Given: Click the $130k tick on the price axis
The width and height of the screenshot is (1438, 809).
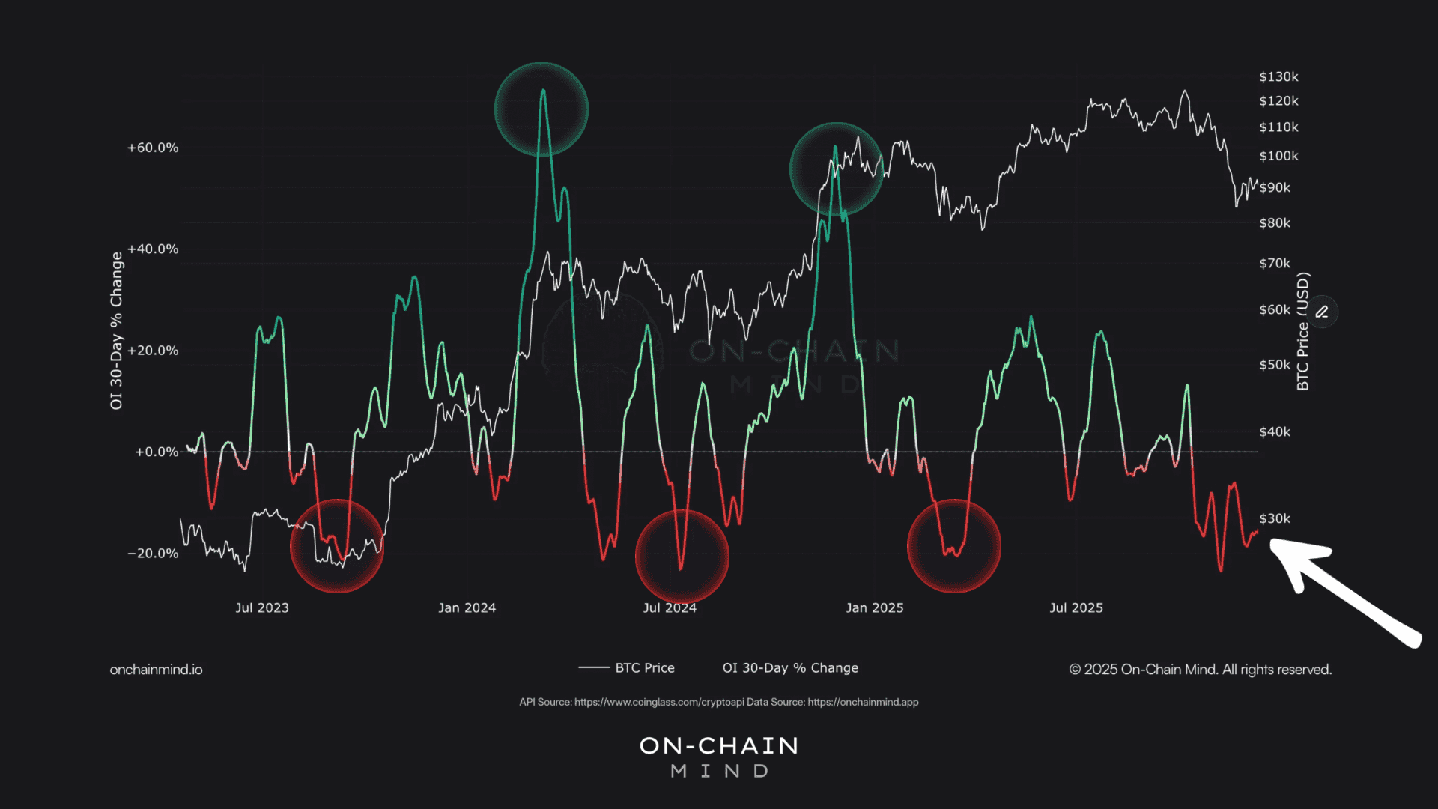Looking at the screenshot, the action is click(1278, 77).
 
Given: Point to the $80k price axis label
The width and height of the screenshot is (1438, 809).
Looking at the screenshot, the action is click(1275, 223).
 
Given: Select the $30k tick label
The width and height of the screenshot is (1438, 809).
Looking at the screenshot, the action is click(1275, 518).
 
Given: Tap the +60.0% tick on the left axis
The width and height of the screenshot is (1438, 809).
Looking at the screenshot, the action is click(153, 148).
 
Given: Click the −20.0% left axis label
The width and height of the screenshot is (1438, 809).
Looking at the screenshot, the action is click(153, 554).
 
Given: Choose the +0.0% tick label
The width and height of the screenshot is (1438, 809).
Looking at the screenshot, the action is click(157, 452).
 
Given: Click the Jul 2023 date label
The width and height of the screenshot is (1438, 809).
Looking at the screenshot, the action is click(262, 607).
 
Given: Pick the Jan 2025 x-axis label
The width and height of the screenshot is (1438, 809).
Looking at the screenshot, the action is click(875, 607).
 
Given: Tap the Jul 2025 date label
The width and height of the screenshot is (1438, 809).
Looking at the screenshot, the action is click(1076, 607).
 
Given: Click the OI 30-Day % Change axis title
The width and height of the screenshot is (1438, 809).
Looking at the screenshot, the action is click(116, 330).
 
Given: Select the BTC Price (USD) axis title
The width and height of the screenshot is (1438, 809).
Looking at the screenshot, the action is click(1303, 331).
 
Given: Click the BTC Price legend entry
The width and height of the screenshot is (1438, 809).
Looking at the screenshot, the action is click(626, 667).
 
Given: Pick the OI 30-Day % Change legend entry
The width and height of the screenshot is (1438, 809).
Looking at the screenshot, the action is click(790, 667).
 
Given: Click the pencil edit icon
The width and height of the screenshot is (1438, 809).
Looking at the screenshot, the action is click(1322, 312).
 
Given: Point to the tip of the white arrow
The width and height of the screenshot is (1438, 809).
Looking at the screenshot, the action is click(1272, 542).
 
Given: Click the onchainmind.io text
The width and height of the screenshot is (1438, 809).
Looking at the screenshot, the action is click(156, 670).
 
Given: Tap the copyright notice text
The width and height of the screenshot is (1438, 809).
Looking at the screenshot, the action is click(1201, 670).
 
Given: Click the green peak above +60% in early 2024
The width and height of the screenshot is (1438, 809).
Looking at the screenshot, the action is click(543, 91).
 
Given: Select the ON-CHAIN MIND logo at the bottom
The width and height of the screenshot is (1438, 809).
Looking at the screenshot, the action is click(719, 757).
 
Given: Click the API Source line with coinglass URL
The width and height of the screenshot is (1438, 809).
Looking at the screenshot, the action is click(719, 702).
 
